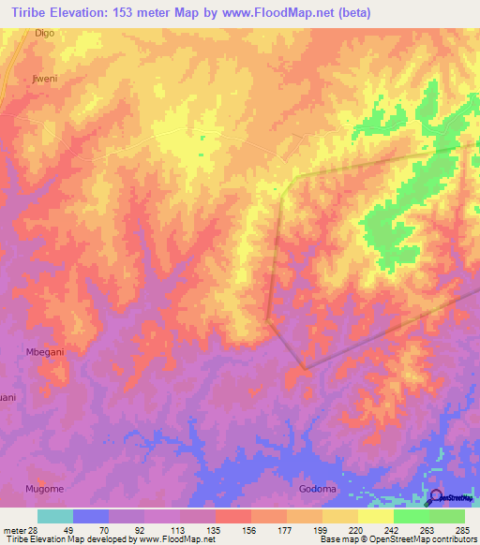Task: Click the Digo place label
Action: click(x=45, y=33)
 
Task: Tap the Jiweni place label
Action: click(x=45, y=79)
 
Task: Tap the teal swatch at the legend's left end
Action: click(x=55, y=516)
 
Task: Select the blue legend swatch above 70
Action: click(x=91, y=516)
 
